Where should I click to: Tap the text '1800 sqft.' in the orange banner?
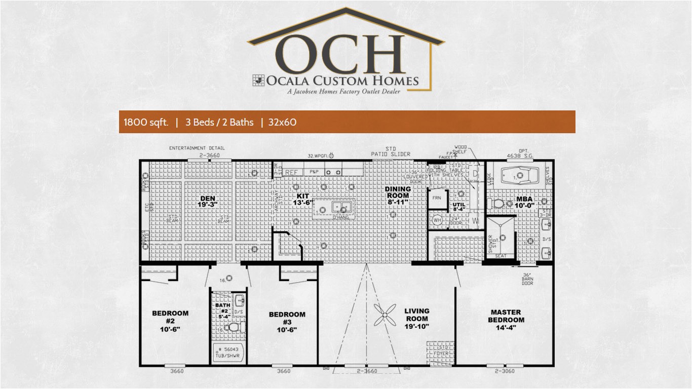[146, 122]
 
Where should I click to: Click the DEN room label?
[208, 201]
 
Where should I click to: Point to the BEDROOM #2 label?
[170, 321]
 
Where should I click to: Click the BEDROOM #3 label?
[287, 322]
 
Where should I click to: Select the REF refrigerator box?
[291, 172]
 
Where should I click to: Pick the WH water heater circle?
[437, 220]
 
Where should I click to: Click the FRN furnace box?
[437, 199]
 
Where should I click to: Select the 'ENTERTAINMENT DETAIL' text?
[197, 148]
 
